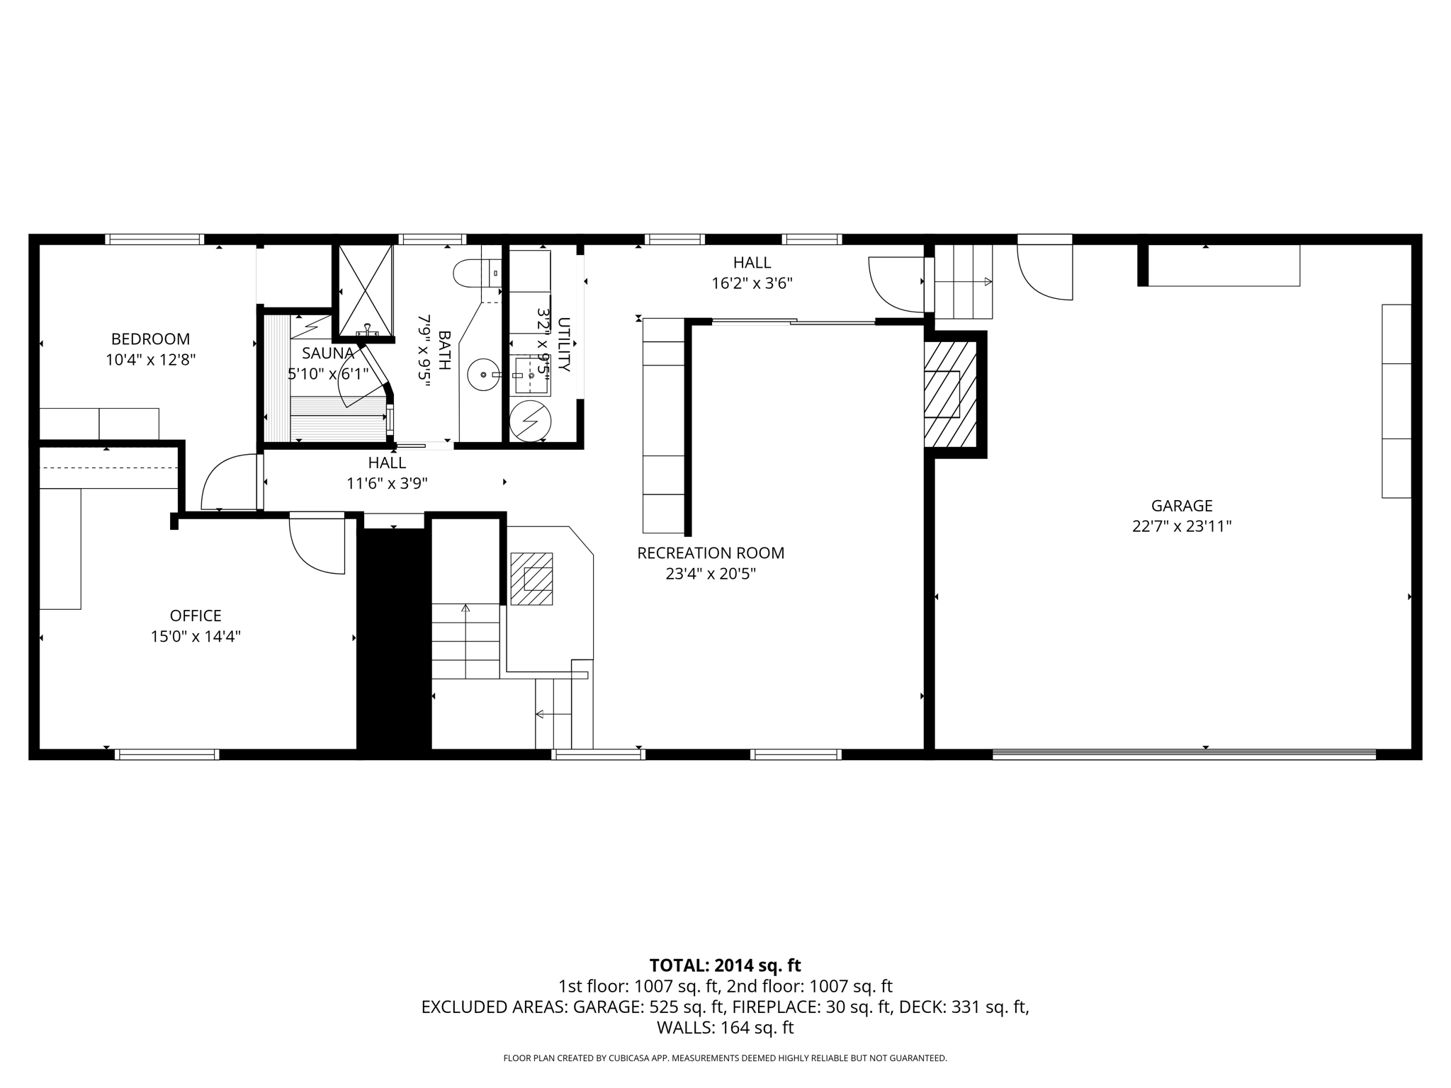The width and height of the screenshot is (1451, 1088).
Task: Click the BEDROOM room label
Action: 150,339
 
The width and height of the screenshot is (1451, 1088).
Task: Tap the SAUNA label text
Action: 327,353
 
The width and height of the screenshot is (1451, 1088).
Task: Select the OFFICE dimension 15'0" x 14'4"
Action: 196,637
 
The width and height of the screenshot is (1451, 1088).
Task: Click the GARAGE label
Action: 1182,506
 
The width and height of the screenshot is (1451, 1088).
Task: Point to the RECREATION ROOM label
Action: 711,553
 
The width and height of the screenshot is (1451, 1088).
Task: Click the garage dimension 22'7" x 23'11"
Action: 1182,526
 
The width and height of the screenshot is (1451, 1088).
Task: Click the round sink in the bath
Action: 483,374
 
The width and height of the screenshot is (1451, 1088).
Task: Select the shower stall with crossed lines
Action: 365,290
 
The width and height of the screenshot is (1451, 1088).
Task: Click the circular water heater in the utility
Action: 530,421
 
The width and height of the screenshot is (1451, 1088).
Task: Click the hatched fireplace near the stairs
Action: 531,579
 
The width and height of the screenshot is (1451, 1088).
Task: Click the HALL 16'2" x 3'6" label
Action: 752,273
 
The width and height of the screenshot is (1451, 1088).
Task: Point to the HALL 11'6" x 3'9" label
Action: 387,473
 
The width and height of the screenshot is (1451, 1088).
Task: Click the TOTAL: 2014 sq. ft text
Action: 725,965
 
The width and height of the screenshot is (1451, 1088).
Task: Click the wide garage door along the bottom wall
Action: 1183,754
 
